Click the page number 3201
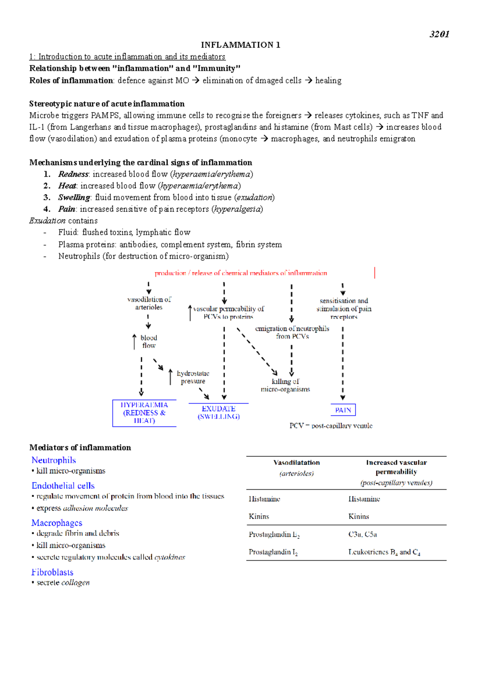[439, 34]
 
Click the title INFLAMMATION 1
[240, 45]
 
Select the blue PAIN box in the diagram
[343, 410]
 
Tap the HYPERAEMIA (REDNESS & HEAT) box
[144, 413]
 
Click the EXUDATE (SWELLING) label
[218, 412]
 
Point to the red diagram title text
[241, 273]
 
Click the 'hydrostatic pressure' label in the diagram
[193, 377]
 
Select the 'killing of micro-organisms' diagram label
[285, 385]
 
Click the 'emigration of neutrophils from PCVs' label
[292, 332]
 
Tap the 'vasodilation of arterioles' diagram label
[149, 304]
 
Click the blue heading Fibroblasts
[53, 572]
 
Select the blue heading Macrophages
[57, 523]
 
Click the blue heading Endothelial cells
[63, 486]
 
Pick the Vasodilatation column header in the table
[297, 463]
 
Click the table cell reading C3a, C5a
[362, 535]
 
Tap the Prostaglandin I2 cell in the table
[273, 552]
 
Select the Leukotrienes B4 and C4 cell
[384, 552]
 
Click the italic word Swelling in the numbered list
[74, 197]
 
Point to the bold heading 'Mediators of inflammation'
[80, 448]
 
